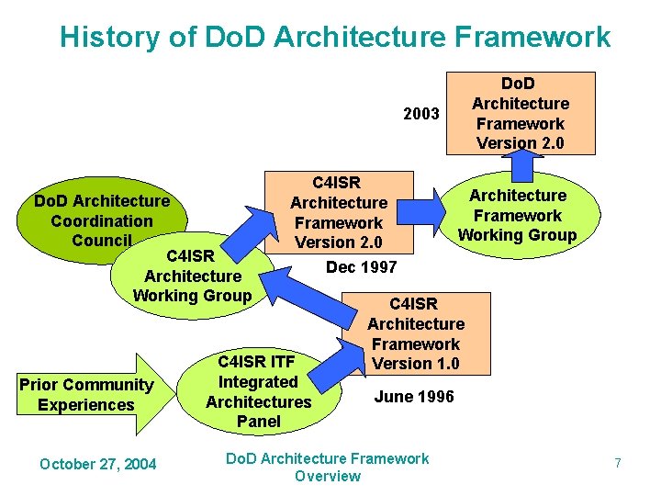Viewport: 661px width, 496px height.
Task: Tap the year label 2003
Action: click(421, 114)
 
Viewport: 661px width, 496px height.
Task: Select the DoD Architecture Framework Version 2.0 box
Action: click(520, 112)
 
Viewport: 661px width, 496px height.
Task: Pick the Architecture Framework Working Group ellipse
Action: click(517, 215)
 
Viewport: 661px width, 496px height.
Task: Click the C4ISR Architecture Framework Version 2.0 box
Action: click(339, 212)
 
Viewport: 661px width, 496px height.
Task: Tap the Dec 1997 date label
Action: click(362, 267)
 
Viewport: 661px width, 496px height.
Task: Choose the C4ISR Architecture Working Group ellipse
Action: click(192, 276)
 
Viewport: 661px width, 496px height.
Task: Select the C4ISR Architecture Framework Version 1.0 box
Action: click(416, 333)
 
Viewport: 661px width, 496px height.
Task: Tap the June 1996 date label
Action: click(413, 397)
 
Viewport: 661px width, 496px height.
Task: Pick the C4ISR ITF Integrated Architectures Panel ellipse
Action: click(258, 391)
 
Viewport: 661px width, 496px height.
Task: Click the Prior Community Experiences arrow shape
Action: click(87, 394)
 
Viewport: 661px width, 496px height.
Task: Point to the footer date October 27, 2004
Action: click(97, 465)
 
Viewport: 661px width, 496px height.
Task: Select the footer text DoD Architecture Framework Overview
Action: click(328, 467)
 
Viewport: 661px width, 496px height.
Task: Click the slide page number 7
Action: click(617, 464)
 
